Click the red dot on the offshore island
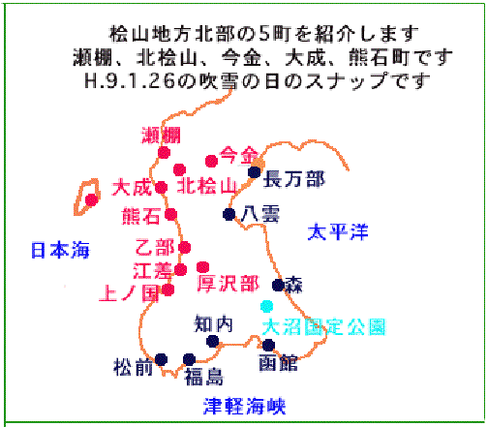click(92, 200)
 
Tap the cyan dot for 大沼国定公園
click(267, 306)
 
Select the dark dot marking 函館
click(268, 345)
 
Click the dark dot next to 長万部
click(255, 172)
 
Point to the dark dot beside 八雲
click(229, 214)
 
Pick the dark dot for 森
click(278, 285)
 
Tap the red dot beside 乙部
click(185, 248)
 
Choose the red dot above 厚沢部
click(202, 267)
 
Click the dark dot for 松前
click(161, 359)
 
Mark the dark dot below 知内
click(213, 341)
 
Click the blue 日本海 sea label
click(60, 250)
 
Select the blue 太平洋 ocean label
click(338, 231)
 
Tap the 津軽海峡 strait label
click(244, 406)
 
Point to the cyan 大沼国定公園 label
click(323, 327)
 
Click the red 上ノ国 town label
click(129, 293)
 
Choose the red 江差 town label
click(153, 271)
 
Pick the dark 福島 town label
click(203, 377)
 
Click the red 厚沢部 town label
click(229, 284)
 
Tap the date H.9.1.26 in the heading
click(130, 81)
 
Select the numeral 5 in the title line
click(264, 34)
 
